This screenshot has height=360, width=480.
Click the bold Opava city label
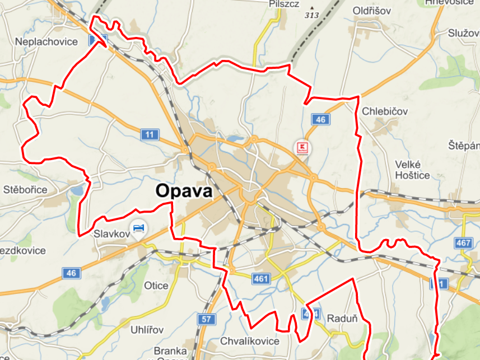[184, 191]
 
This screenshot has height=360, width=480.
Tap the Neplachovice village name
[46, 42]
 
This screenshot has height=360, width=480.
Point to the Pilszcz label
[284, 4]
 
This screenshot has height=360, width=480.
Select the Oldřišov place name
[372, 11]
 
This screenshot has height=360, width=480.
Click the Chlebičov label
[385, 110]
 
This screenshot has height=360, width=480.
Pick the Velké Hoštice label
[412, 170]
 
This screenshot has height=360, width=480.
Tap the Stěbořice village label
[25, 189]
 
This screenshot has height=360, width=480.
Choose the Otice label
[156, 286]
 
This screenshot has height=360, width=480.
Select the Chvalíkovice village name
[249, 341]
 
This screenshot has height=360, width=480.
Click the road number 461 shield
[262, 278]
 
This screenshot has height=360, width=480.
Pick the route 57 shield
[206, 320]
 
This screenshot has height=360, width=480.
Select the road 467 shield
[464, 243]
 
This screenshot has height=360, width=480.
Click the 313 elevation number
[311, 15]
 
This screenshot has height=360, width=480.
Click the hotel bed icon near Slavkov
[138, 227]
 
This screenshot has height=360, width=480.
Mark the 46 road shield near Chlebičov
[320, 119]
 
